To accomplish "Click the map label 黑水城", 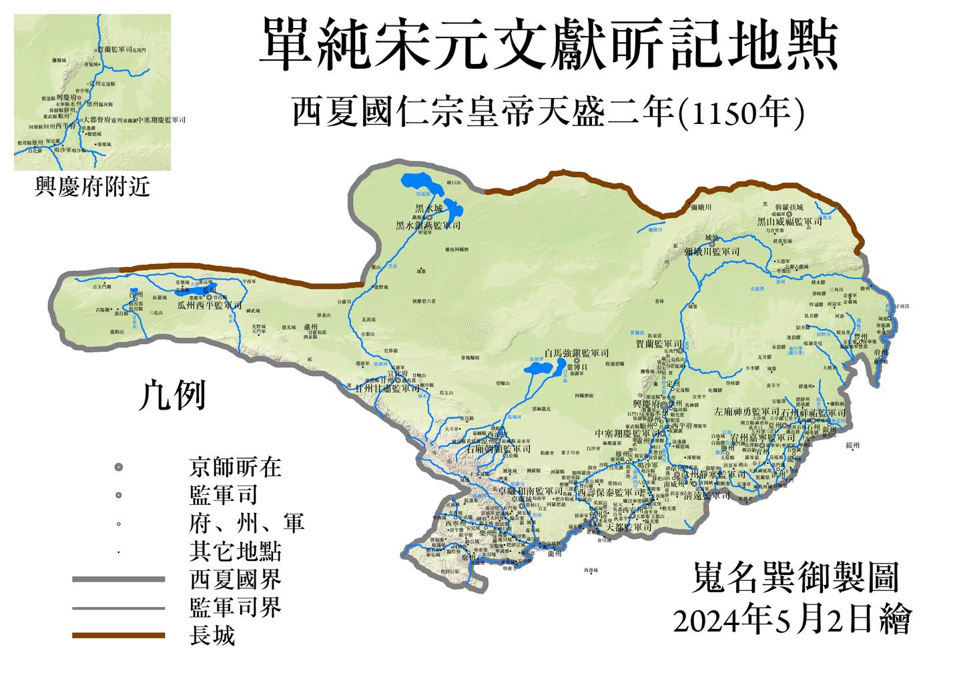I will [429, 208].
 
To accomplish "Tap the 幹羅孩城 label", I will [793, 207].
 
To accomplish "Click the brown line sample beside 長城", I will [118, 636].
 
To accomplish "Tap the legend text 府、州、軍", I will [246, 524].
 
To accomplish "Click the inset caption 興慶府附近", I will [92, 187].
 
